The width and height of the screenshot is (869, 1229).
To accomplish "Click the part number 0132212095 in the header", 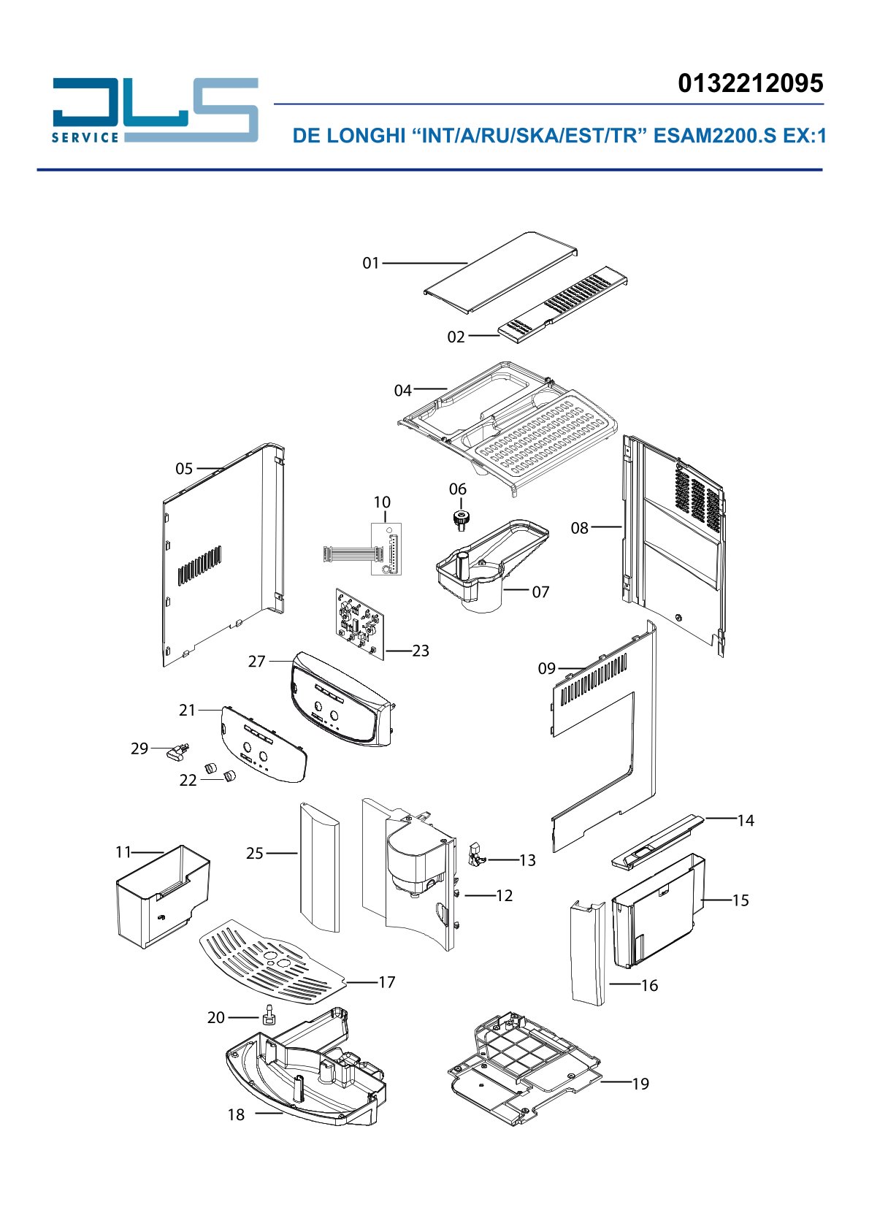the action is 751,83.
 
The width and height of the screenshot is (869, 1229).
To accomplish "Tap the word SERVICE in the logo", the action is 85,137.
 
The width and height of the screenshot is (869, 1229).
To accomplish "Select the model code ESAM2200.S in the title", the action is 715,136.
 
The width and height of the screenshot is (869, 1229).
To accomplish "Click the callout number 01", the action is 371,264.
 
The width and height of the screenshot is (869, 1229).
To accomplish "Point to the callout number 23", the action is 420,651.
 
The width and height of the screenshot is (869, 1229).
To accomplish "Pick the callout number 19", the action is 640,1084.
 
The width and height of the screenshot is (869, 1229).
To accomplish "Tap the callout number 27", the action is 257,662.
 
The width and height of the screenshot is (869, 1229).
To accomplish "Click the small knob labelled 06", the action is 459,519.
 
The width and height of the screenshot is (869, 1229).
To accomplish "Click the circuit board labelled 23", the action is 360,624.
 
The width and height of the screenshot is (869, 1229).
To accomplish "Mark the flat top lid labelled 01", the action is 500,272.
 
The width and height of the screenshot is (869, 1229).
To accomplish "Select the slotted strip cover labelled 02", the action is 562,305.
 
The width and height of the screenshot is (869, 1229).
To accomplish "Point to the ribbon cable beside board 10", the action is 347,553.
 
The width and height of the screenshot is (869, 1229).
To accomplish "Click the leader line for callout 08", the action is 606,527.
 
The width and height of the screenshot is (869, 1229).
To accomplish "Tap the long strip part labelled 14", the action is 658,840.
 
